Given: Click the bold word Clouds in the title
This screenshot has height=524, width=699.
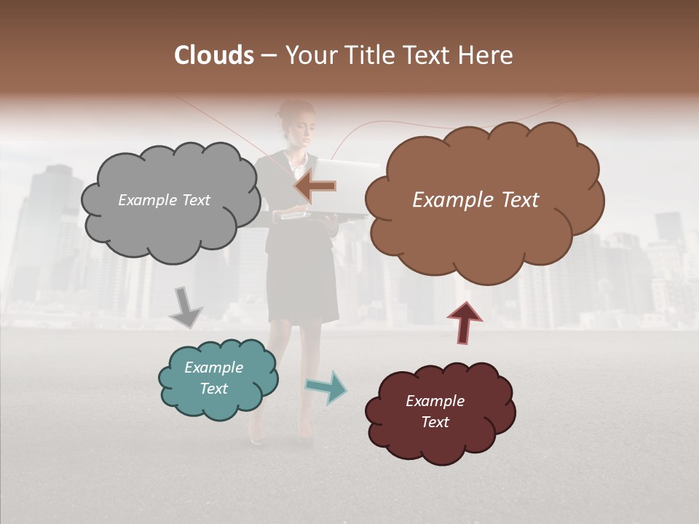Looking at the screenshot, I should point(213,55).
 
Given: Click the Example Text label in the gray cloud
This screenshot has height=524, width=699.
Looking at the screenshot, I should point(164,200).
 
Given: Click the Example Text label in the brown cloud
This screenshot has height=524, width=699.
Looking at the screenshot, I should point(475,200).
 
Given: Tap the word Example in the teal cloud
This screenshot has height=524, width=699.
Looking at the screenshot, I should point(213,368).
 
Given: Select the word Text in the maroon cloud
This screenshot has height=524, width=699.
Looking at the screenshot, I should point(435,422).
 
